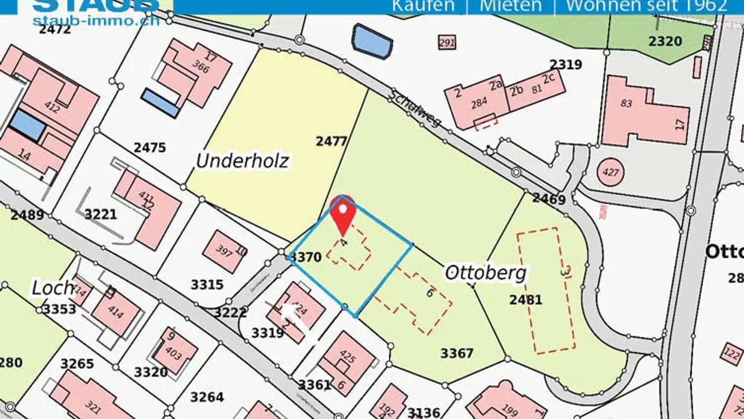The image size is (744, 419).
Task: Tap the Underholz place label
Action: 242,161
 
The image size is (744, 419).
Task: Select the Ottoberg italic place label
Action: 485,273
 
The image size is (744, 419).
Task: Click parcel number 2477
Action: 331,141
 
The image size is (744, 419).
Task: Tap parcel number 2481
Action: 525,300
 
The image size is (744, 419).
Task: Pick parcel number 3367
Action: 457,353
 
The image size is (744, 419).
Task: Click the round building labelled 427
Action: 611,172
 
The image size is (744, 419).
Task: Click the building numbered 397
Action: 224,251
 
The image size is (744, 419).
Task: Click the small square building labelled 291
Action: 447,42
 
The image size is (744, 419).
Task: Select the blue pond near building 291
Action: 372,41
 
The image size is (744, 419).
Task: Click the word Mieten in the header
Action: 510,6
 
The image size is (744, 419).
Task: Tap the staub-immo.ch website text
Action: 96,21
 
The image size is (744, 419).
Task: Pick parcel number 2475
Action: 150,148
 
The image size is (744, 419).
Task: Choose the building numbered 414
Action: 116,312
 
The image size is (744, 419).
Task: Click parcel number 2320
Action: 665,41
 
